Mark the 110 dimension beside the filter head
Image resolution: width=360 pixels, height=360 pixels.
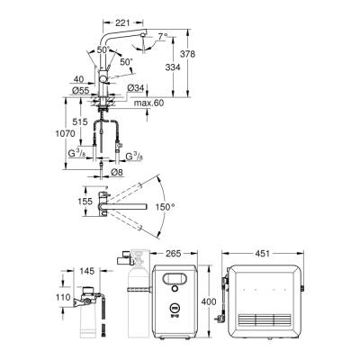click(63, 297)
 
